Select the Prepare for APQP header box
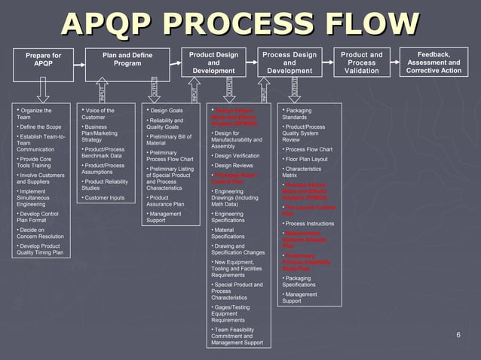[x=43, y=60]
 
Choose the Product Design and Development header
[x=213, y=63]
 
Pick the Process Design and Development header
[x=289, y=63]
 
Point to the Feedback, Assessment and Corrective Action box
[x=434, y=63]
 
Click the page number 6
[x=458, y=334]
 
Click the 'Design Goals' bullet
[x=167, y=111]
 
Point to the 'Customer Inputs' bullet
[x=105, y=197]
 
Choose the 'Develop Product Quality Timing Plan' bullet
[x=41, y=249]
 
